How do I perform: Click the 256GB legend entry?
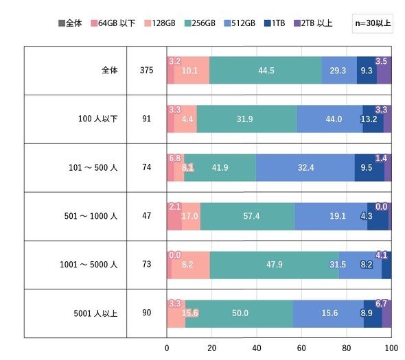coord(200,23)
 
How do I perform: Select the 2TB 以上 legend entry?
coord(313,23)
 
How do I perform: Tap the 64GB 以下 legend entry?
coord(113,23)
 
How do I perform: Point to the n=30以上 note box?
coord(373,23)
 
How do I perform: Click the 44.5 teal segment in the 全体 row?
coord(266,70)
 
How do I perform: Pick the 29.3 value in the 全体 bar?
coord(338,71)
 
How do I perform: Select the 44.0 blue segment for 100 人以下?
coord(330,119)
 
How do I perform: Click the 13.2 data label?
coord(369,119)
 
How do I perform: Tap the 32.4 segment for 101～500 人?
coord(305,167)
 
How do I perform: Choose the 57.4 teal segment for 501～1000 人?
coord(247,216)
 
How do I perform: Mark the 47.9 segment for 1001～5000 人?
coord(275,265)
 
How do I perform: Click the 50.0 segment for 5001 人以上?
coord(239,313)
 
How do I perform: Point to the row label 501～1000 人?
coord(91,216)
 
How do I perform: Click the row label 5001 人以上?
coord(95,313)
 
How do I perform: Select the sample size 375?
coord(146,70)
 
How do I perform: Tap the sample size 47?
coord(146,216)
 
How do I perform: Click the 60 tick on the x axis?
coord(301,348)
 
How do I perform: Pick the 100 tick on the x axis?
coord(391,348)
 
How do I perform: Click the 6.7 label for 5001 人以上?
coord(381,304)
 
